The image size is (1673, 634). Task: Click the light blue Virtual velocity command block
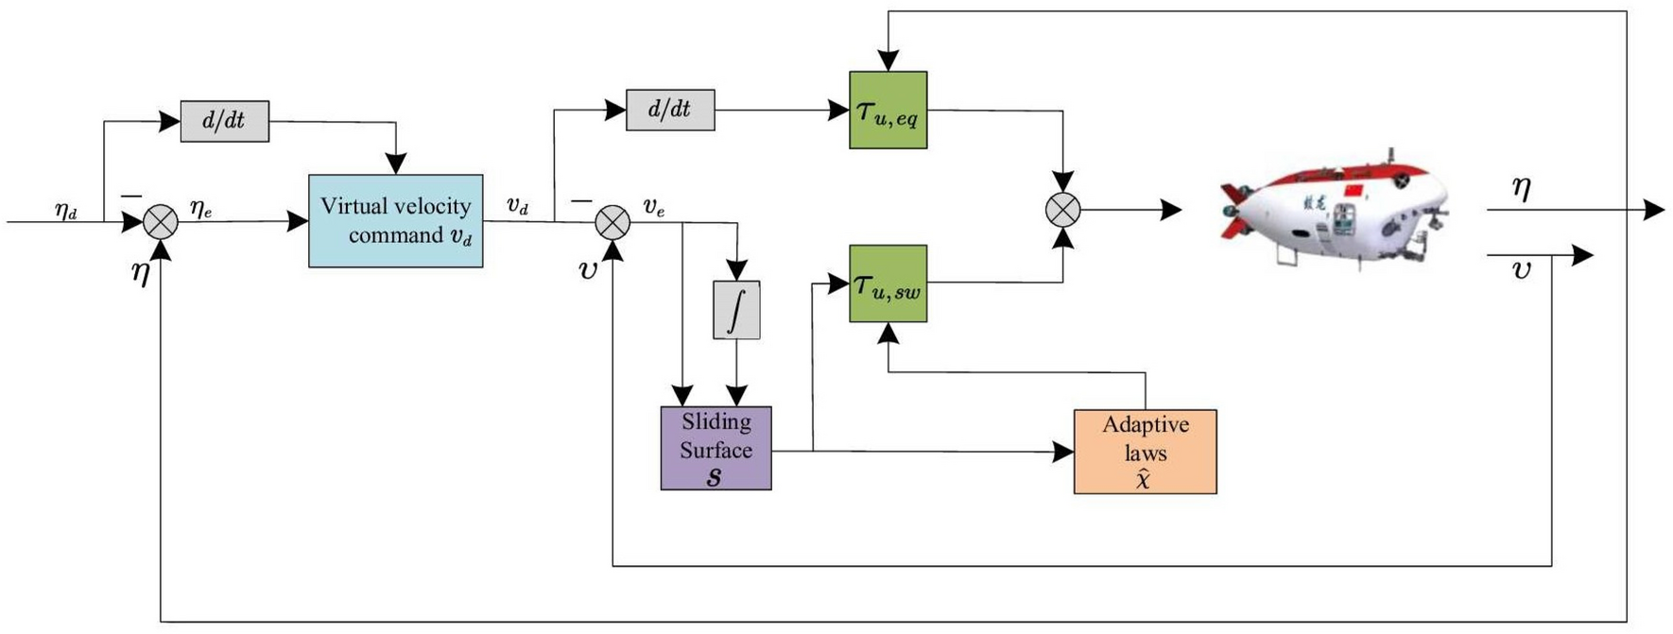[395, 220]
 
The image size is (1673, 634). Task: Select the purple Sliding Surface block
[716, 448]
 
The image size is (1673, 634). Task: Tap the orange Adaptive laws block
[1145, 452]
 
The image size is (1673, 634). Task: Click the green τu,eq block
[888, 110]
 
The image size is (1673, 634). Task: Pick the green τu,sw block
[888, 283]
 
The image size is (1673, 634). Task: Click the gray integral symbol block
[736, 310]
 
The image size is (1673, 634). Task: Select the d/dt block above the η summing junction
[224, 121]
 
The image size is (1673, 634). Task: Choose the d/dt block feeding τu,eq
[670, 110]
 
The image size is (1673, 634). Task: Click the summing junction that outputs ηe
[161, 222]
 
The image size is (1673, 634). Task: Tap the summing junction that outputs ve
[612, 222]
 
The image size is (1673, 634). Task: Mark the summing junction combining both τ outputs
[1063, 210]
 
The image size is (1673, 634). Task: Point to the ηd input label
[65, 210]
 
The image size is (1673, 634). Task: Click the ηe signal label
[200, 209]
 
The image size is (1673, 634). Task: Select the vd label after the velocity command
[517, 207]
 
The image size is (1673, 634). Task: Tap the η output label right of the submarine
[1521, 188]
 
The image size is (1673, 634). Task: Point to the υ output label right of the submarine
[1521, 270]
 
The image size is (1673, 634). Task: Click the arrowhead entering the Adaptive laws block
[1063, 452]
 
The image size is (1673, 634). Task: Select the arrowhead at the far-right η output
[1654, 210]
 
